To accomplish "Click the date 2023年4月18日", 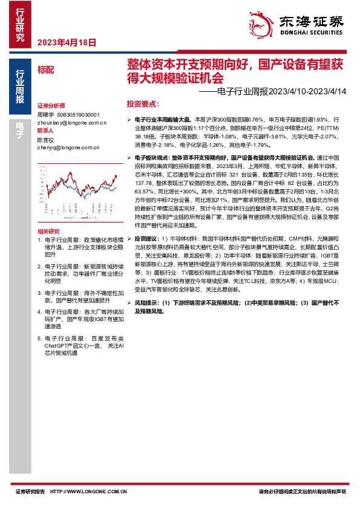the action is tap(66, 42).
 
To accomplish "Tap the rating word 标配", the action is tap(45, 70).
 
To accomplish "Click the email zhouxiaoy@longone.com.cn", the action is tap(71, 122).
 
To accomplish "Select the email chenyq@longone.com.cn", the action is tap(67, 146).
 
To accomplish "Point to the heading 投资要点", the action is tap(143, 103).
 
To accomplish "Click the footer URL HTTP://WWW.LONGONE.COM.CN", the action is tap(96, 491).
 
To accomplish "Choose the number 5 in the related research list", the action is tap(39, 339).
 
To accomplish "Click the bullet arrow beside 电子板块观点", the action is tap(130, 157).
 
